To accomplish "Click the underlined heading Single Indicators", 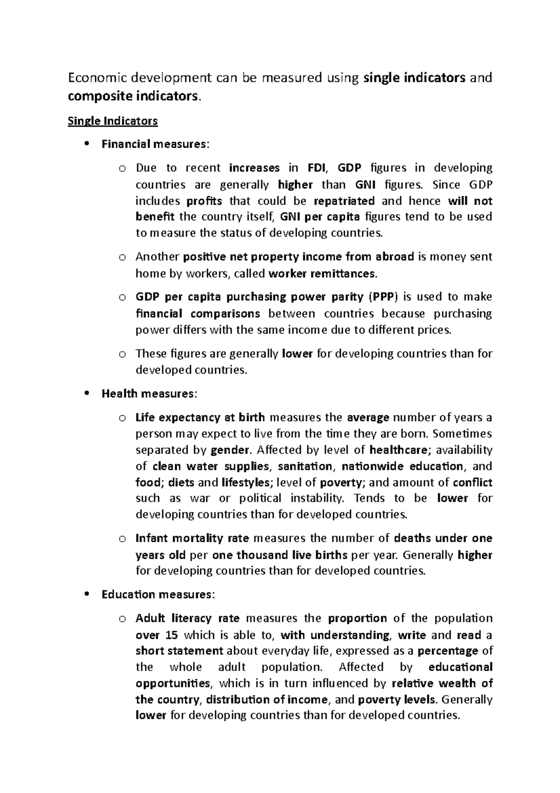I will (112, 121).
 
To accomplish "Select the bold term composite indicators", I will (133, 96).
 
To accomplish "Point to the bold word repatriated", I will (344, 201).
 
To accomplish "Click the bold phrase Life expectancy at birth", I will (200, 417).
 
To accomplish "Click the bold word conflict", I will (472, 482).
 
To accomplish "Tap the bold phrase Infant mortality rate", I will (192, 538).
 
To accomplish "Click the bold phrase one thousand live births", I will (280, 555).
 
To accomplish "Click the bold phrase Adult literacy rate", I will (187, 618).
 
